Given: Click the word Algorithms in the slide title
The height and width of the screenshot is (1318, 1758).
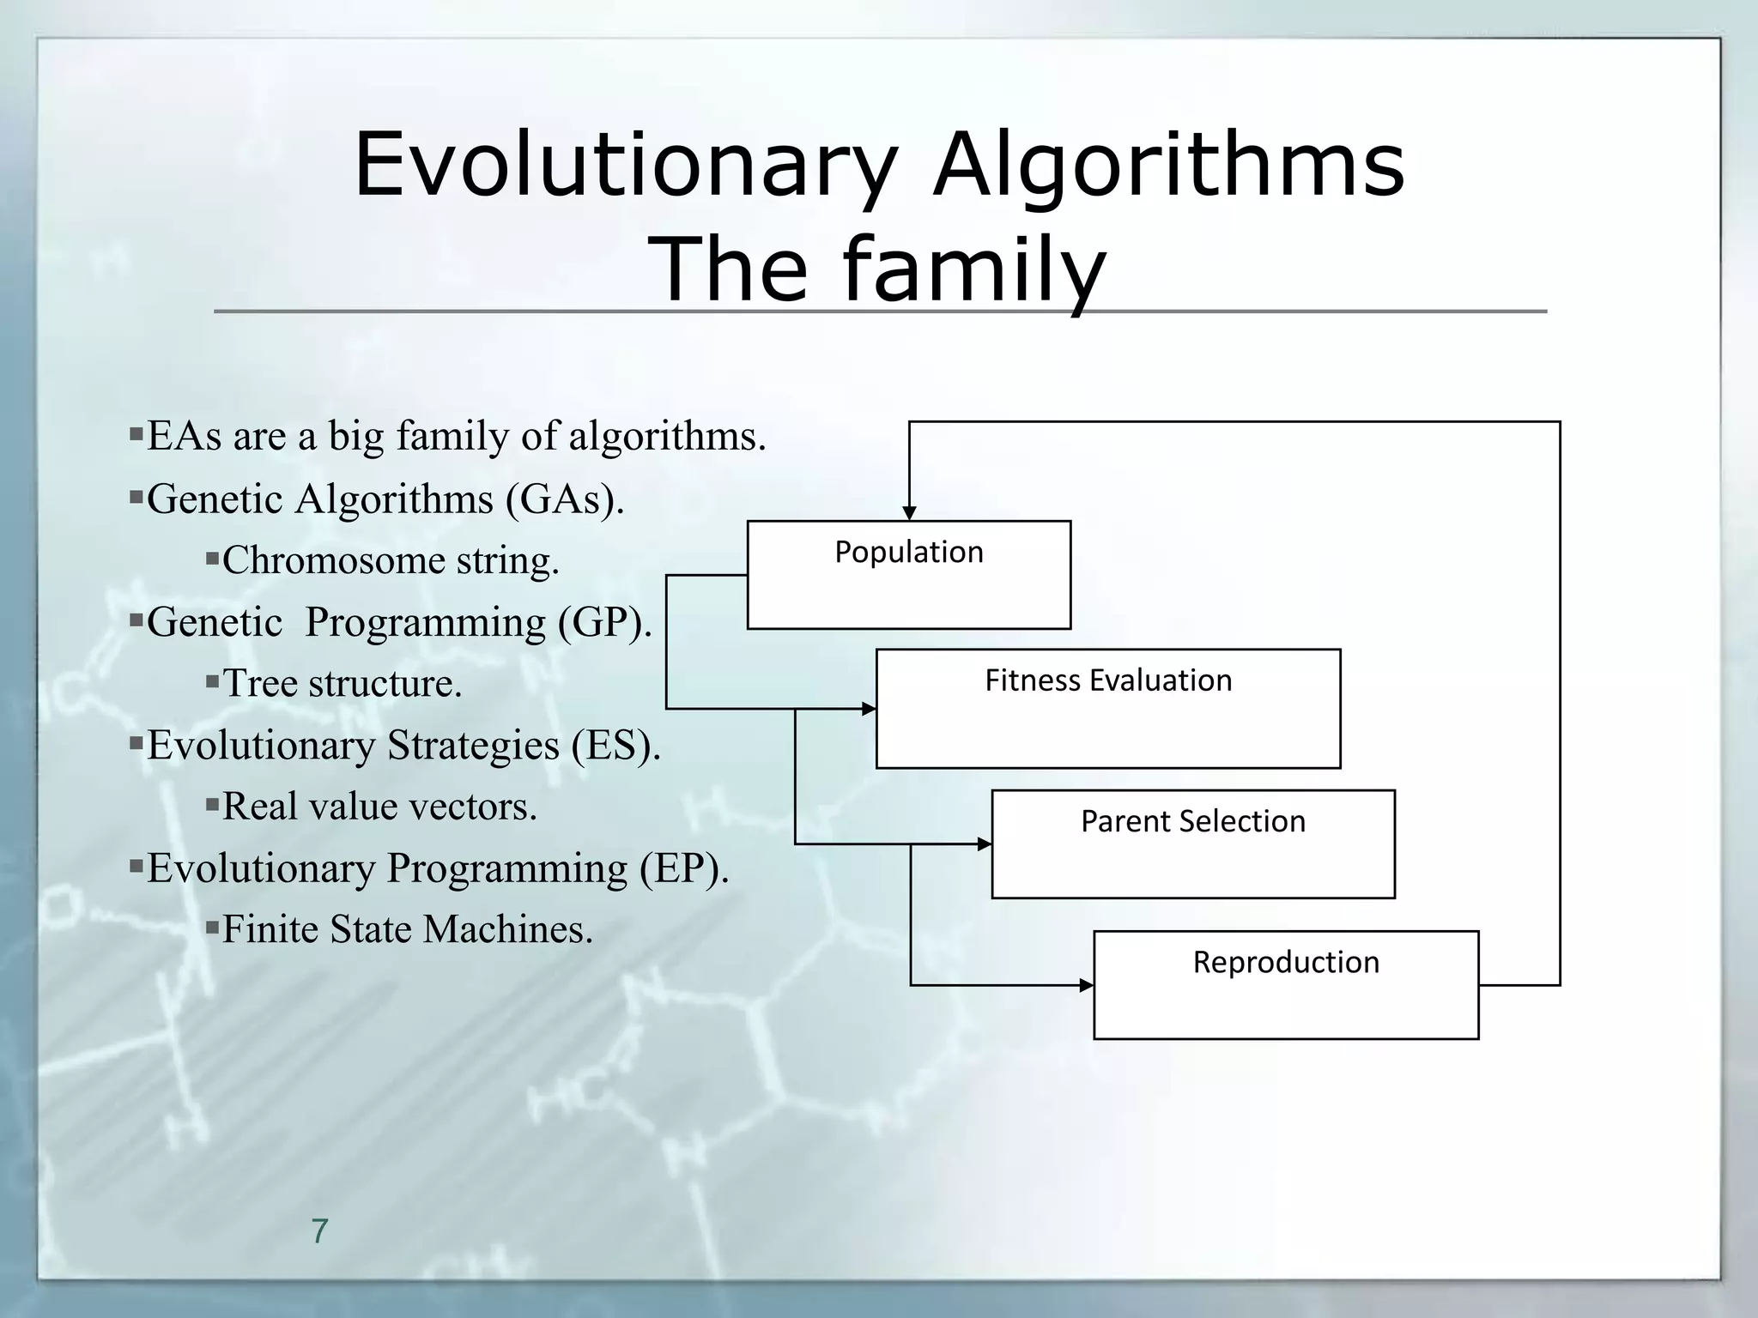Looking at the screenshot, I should (x=1169, y=165).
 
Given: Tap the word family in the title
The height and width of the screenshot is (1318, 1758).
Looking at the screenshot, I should (x=974, y=269).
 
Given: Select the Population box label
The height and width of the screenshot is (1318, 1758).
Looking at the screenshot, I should (x=909, y=553).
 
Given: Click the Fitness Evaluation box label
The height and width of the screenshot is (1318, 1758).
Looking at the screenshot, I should (x=1108, y=680).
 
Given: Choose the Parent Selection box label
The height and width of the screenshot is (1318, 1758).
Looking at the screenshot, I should (x=1193, y=822).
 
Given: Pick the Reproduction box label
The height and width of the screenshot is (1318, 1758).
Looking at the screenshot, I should (x=1286, y=963).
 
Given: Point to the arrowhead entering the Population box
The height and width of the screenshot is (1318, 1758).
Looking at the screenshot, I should (x=910, y=513).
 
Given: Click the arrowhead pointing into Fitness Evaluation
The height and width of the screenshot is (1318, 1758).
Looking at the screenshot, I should (x=869, y=709).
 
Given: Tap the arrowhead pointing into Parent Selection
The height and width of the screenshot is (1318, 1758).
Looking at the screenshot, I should (x=985, y=844).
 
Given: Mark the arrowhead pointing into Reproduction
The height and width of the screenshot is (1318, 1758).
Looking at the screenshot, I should (x=1086, y=986).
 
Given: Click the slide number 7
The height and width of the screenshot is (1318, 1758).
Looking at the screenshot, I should (x=319, y=1231).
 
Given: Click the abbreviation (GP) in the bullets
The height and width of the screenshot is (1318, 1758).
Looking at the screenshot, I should (x=604, y=622).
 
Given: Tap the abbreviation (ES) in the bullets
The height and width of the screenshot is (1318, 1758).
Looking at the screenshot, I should (x=615, y=745).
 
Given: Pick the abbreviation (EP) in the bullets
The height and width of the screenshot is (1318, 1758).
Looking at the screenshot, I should (x=683, y=868).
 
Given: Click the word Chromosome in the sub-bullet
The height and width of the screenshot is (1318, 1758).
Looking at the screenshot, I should (x=333, y=561).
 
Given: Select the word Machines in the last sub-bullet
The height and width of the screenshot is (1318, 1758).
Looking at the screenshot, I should (x=507, y=929).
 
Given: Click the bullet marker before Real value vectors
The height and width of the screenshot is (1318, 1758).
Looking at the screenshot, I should (x=213, y=805).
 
